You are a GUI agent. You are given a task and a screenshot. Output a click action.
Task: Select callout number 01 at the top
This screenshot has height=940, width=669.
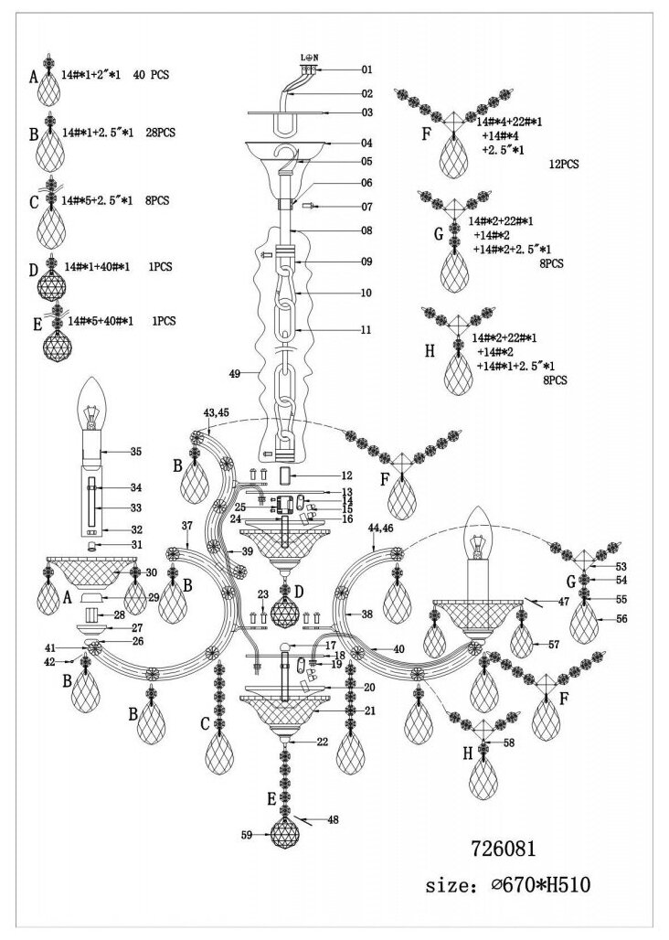[x=367, y=69]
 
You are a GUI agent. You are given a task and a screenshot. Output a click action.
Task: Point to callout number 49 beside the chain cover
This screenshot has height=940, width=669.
[x=236, y=374]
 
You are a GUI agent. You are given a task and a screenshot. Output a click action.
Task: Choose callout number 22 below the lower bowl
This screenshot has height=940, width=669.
[x=322, y=742]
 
